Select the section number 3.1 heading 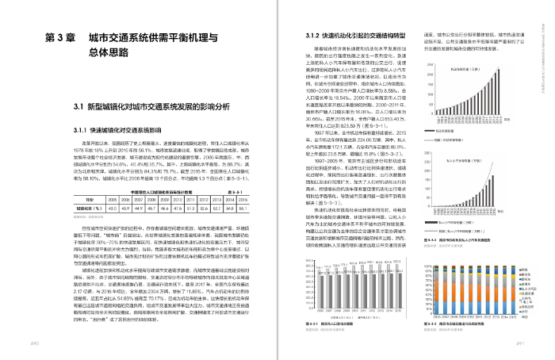click(82, 106)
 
